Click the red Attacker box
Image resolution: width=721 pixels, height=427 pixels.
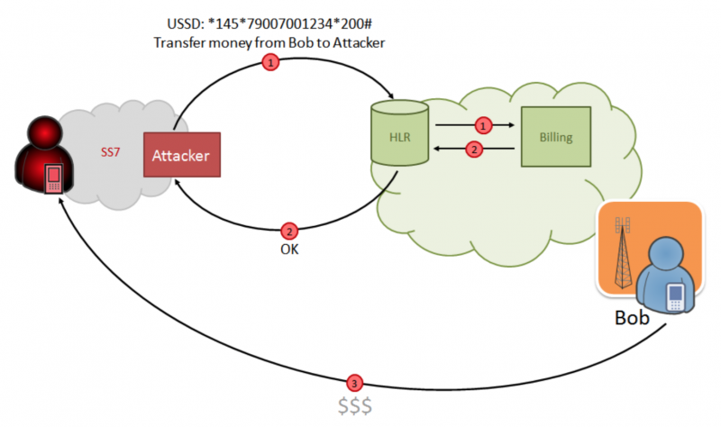[x=181, y=155]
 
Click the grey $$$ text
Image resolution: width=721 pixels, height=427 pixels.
[x=355, y=405]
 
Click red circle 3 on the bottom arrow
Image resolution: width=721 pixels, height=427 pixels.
[x=355, y=381]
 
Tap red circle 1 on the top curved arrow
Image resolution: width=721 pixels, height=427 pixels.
[x=268, y=62]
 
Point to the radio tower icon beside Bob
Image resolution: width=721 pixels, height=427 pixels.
[x=622, y=252]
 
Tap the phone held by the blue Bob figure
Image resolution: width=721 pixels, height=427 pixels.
[x=675, y=295]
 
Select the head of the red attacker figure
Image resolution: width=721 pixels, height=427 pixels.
[x=41, y=135]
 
